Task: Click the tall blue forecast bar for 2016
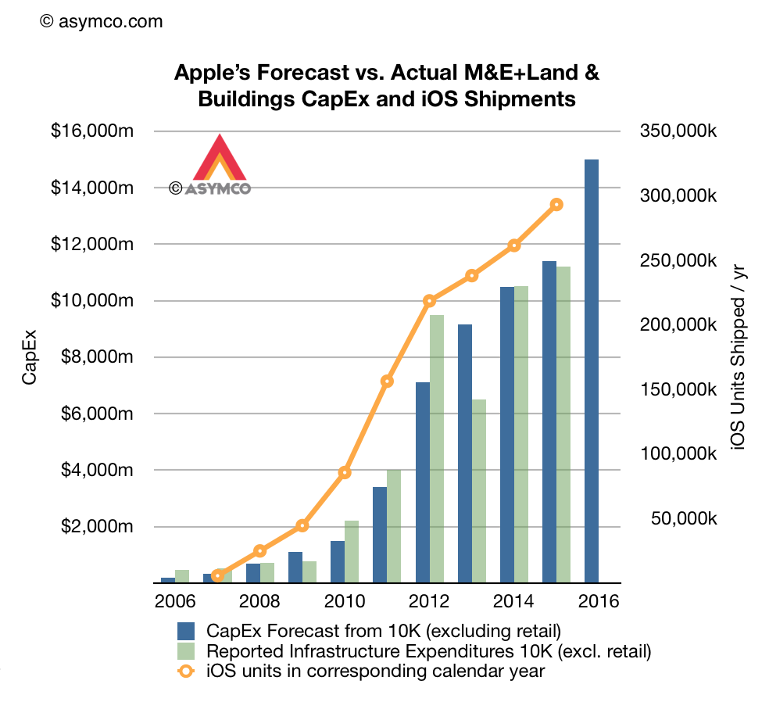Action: pyautogui.click(x=591, y=371)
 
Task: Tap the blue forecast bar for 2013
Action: pyautogui.click(x=465, y=453)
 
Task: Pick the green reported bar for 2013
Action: pyautogui.click(x=478, y=491)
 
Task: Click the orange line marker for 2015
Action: pyautogui.click(x=556, y=205)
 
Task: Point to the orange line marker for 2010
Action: pyautogui.click(x=345, y=472)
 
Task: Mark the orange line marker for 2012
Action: pyautogui.click(x=429, y=301)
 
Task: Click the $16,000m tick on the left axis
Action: pyautogui.click(x=92, y=131)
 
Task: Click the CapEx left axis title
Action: pyautogui.click(x=29, y=356)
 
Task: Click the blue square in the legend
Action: pyautogui.click(x=186, y=631)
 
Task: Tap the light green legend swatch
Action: pyautogui.click(x=186, y=650)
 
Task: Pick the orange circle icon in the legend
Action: pyautogui.click(x=186, y=670)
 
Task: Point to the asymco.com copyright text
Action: pyautogui.click(x=101, y=21)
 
